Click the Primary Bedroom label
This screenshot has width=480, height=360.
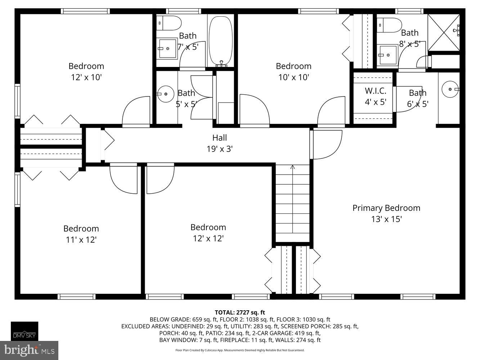[386, 208]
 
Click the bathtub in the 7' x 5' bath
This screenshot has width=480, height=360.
[221, 40]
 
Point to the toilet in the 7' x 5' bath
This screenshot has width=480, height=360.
[169, 23]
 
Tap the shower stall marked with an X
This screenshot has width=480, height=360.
[443, 32]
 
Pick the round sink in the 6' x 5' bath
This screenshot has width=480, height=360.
[450, 88]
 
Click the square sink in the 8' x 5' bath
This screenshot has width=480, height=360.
[387, 55]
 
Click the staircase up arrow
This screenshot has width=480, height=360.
[292, 167]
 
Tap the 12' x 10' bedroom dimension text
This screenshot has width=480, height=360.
[86, 77]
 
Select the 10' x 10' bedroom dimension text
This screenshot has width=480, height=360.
[293, 77]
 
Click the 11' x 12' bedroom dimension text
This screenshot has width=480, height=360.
[81, 239]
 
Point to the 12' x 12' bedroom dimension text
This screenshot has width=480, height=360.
[208, 238]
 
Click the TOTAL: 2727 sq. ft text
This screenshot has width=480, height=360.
[240, 312]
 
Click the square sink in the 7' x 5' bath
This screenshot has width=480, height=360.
[167, 49]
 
